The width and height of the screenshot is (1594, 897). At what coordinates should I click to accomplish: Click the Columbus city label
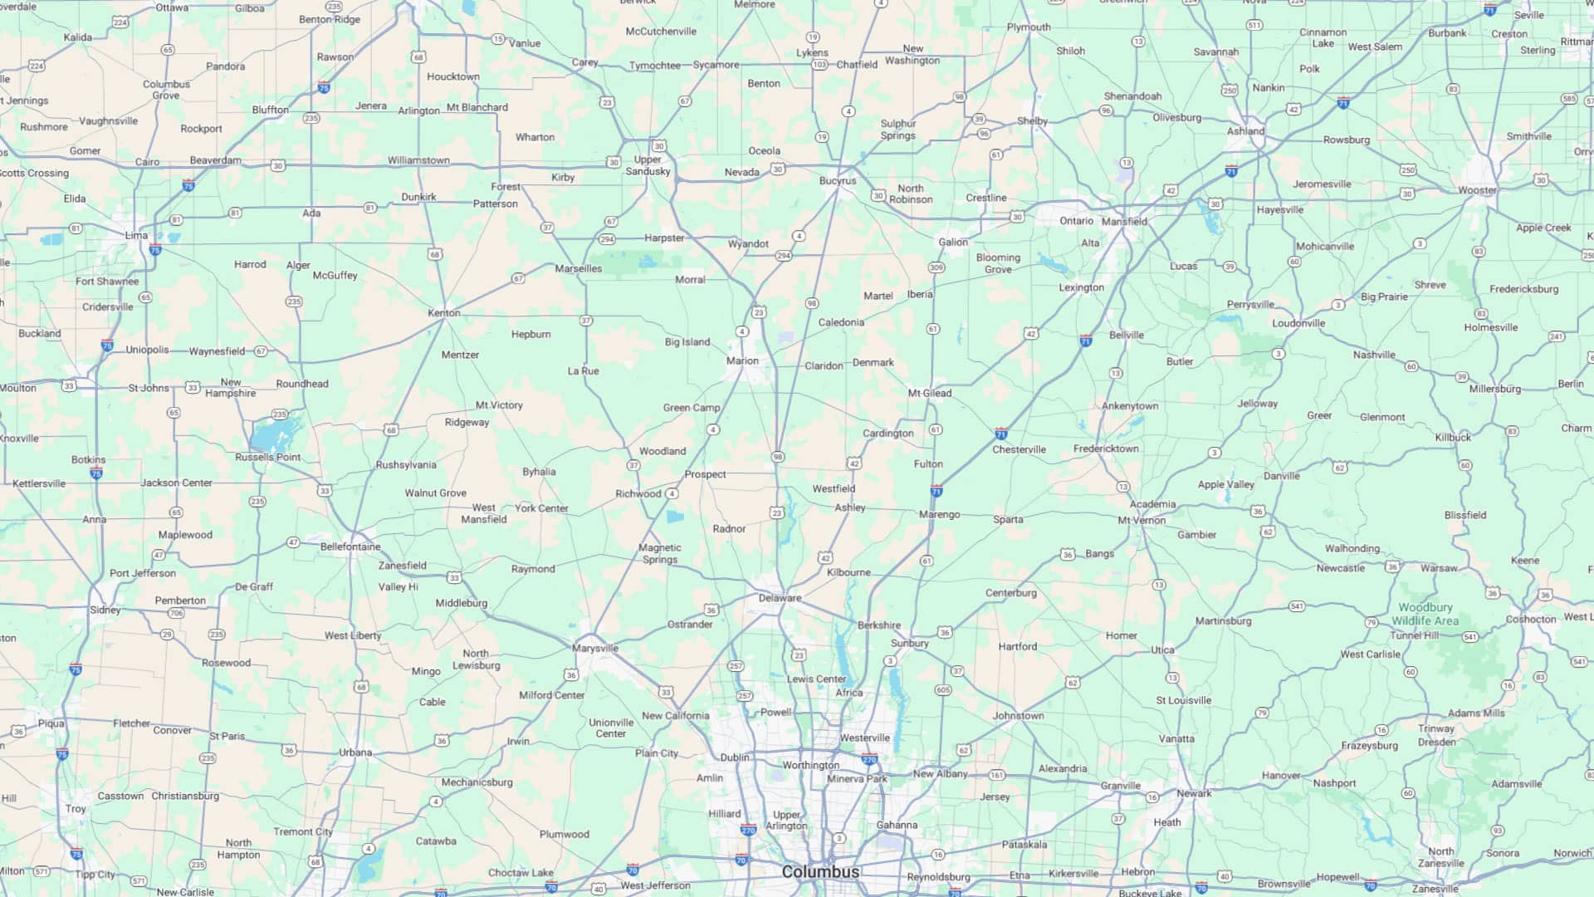coord(820,872)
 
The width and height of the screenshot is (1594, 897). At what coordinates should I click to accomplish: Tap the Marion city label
coord(742,360)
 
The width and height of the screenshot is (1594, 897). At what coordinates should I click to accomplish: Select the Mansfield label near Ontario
coord(1124,222)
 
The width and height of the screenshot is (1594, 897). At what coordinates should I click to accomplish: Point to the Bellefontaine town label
coord(350,547)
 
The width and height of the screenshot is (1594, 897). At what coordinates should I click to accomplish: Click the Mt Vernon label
coord(1142,521)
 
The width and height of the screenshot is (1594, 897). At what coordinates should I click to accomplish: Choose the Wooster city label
coord(1478,190)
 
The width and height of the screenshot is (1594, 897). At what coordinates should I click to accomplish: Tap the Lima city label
coord(136,235)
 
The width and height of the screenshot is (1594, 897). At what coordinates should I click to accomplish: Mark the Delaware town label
coord(780,598)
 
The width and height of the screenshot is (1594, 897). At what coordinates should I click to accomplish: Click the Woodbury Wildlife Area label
coord(1425,614)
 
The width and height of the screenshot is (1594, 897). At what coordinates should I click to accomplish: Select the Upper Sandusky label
coord(648,165)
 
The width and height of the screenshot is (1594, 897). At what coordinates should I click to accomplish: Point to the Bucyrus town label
coord(837,180)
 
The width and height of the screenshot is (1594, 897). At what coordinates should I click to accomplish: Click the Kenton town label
coord(443,313)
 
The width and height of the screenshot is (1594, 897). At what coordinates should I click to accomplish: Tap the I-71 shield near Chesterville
coord(1001,434)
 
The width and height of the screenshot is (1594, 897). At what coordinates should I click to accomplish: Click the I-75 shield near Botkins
coord(96,473)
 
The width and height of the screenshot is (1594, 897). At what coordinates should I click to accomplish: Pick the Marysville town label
coord(594,648)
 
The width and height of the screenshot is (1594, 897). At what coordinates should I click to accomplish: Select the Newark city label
coord(1194,793)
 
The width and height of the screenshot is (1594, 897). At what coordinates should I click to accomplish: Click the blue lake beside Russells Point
coord(274,434)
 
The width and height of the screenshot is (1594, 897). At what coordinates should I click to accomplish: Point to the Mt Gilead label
coord(930,393)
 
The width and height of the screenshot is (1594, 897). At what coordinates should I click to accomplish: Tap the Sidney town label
coord(105,610)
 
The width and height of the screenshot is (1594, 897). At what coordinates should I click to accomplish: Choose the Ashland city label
coord(1245,131)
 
